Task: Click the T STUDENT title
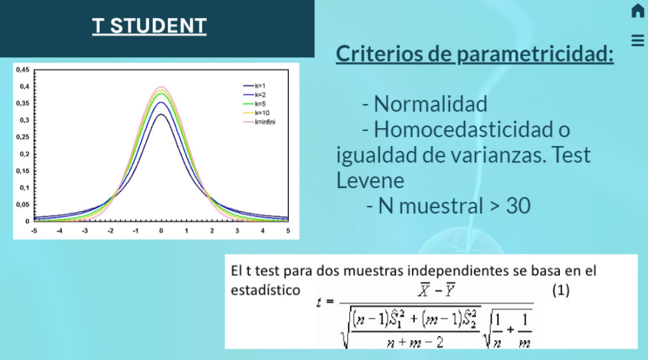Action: (149, 26)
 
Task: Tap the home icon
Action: (638, 11)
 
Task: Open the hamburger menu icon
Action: (638, 40)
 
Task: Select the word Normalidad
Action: (431, 104)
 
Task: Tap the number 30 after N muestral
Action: (518, 205)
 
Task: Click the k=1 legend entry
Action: (260, 85)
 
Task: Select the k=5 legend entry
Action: (260, 103)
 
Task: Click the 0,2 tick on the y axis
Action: (24, 153)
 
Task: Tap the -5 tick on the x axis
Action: (33, 231)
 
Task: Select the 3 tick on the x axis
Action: (237, 231)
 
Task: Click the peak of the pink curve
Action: (161, 87)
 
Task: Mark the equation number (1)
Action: (561, 290)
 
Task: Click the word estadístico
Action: (265, 290)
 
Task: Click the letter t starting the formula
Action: (319, 302)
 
